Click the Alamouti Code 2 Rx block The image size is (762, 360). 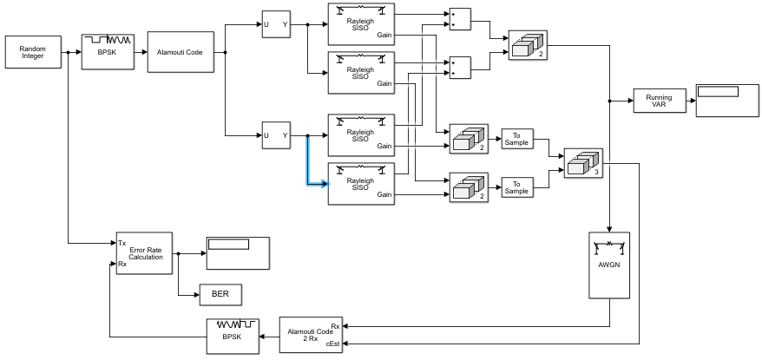[x=311, y=335]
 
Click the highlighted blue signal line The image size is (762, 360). [x=308, y=165]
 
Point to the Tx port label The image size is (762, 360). [x=122, y=243]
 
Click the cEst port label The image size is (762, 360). [x=334, y=345]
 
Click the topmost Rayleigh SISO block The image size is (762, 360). [x=361, y=24]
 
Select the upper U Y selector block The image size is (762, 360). [x=276, y=24]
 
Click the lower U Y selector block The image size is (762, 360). [x=276, y=135]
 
